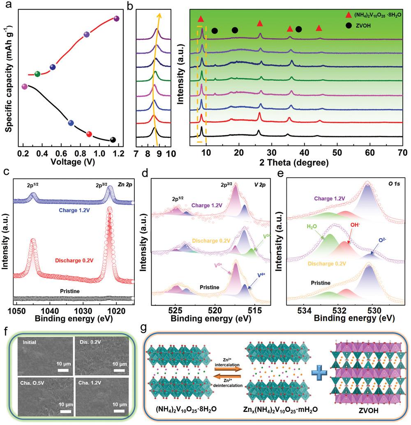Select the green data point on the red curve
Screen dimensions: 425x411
(37, 74)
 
